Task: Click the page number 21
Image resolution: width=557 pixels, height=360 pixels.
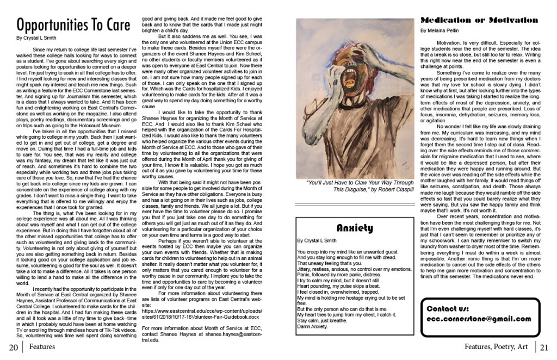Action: [544, 347]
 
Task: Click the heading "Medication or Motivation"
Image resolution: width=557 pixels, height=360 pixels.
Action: [479, 20]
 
